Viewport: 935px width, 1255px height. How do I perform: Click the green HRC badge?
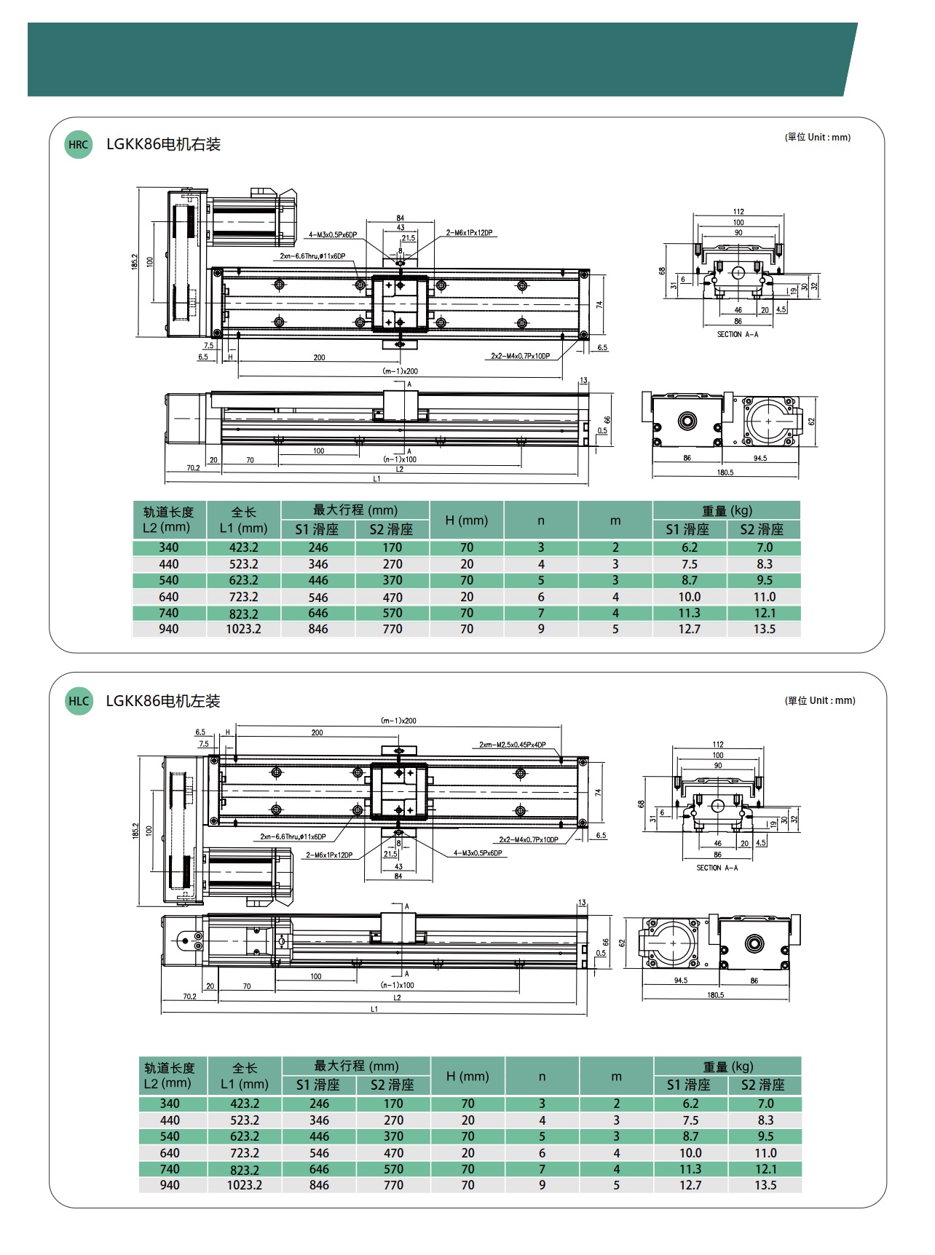(x=78, y=144)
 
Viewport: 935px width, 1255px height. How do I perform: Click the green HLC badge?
(x=78, y=701)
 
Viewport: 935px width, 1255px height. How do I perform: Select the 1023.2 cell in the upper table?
(x=243, y=629)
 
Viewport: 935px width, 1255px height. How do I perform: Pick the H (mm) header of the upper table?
(x=466, y=520)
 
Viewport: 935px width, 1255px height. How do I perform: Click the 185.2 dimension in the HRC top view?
(x=135, y=262)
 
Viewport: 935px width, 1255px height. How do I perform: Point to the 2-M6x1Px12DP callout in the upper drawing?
(x=469, y=233)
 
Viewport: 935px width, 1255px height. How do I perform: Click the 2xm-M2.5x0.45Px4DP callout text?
(x=512, y=745)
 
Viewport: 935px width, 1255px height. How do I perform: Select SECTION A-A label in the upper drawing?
(x=737, y=335)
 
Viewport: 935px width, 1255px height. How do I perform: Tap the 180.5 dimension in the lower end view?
(x=715, y=995)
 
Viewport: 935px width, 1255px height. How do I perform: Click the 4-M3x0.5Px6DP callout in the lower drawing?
(x=478, y=853)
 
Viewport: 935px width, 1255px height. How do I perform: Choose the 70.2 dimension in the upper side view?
(x=193, y=468)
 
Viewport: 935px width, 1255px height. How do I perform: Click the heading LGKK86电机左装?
(x=163, y=701)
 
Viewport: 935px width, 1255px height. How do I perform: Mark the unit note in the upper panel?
(x=817, y=137)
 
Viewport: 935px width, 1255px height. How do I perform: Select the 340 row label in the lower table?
(x=170, y=1104)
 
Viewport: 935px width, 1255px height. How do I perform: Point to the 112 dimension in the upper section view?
(x=738, y=212)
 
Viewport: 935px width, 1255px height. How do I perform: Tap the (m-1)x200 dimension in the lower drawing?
(x=398, y=721)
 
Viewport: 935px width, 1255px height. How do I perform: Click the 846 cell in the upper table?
(x=318, y=629)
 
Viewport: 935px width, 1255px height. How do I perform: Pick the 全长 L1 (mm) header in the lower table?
(x=245, y=1076)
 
